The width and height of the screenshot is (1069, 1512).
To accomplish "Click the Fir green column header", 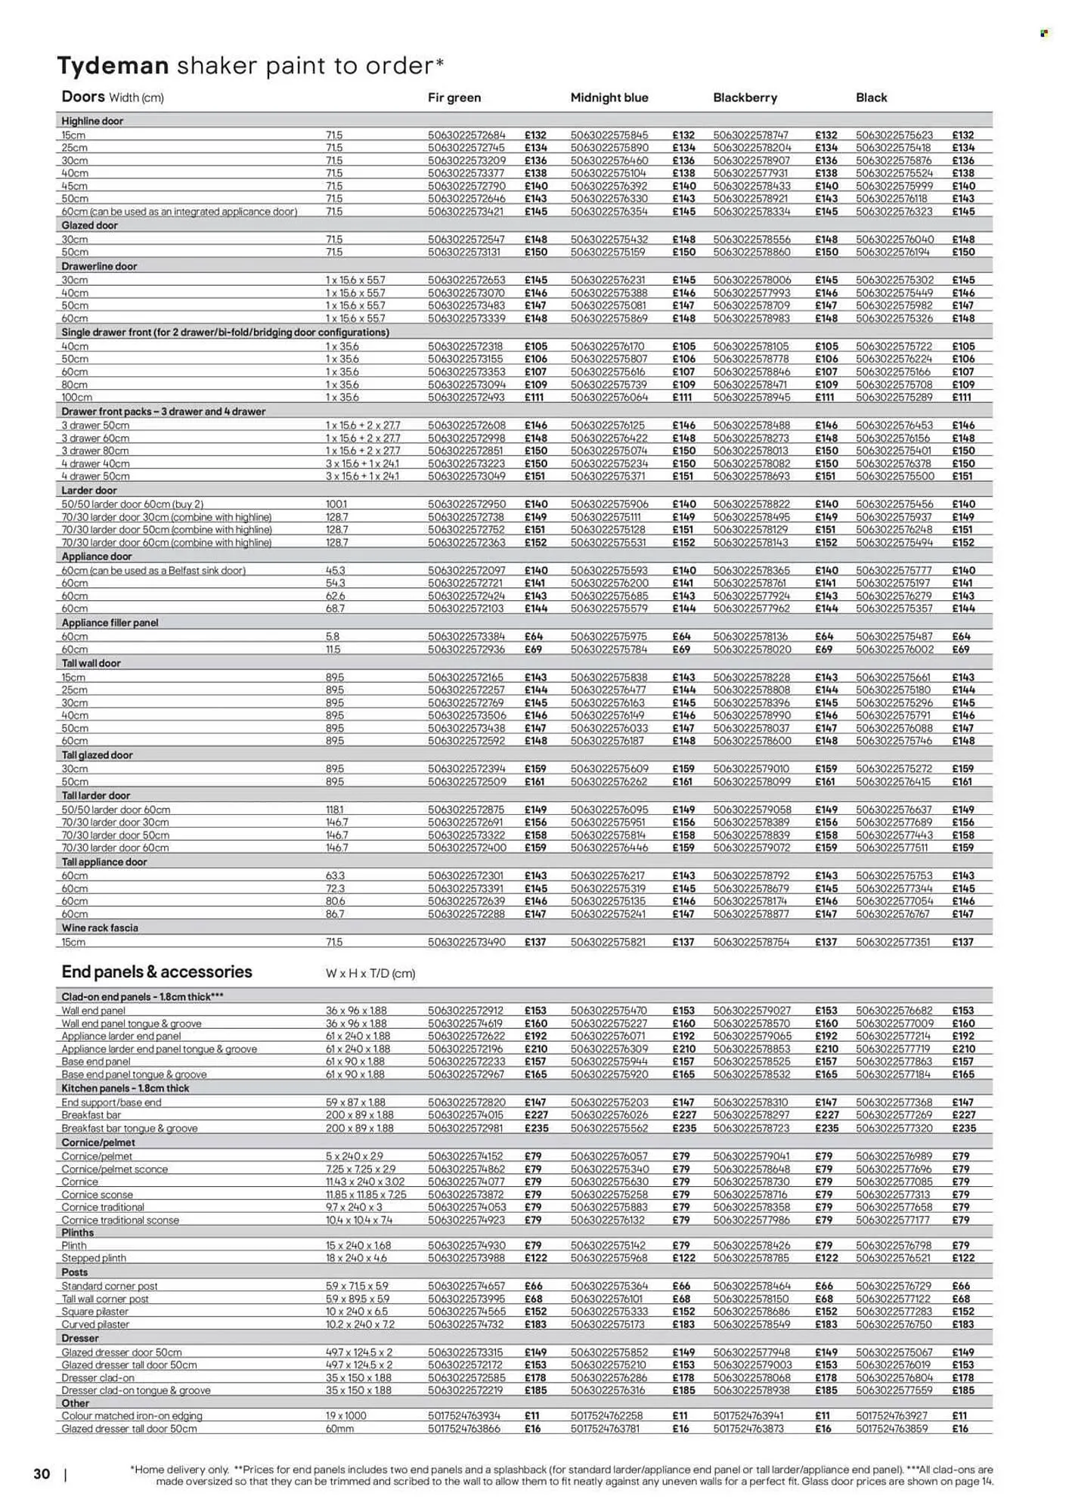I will click(454, 98).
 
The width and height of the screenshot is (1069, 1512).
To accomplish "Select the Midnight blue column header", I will click(609, 98).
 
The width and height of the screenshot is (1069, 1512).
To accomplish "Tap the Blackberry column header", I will click(745, 98).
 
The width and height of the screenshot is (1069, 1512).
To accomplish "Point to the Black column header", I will click(871, 98).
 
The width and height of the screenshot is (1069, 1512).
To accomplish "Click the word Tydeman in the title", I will click(113, 66).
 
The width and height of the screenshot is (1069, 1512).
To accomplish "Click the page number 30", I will click(42, 1473).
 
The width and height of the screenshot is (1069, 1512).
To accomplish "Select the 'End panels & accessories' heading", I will click(156, 971).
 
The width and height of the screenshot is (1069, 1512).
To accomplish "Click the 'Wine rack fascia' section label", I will click(100, 928).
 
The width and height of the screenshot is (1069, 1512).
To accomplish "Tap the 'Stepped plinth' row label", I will click(94, 1258).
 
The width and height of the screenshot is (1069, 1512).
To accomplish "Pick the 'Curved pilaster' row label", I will click(95, 1325).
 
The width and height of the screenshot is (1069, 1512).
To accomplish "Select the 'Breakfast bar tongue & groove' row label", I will click(129, 1128).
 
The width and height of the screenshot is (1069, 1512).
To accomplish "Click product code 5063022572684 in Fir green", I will click(466, 135).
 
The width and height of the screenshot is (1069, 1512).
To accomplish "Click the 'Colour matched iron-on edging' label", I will click(132, 1415).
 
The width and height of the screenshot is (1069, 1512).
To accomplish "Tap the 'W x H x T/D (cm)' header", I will click(370, 974).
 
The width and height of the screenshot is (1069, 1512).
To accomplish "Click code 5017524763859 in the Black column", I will click(893, 1429).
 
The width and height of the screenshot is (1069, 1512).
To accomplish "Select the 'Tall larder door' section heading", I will click(95, 795).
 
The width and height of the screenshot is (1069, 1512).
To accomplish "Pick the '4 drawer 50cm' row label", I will click(95, 476).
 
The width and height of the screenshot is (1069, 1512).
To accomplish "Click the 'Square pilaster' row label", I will click(95, 1312).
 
